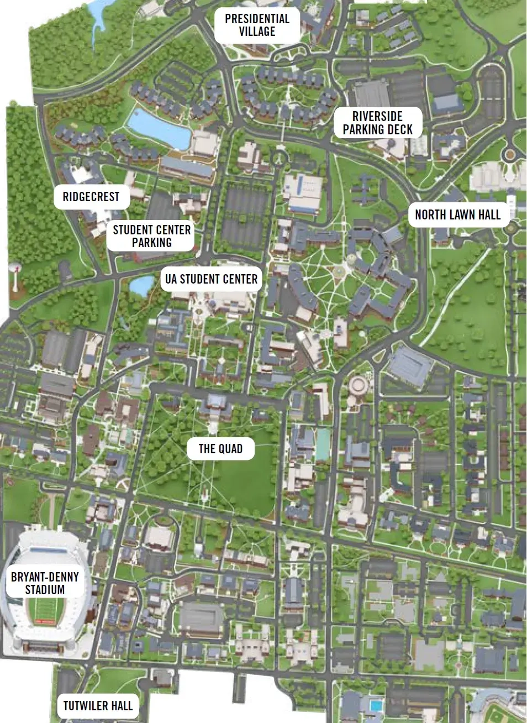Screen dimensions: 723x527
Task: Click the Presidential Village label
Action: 257,25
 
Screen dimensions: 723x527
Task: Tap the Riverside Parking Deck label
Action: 377,123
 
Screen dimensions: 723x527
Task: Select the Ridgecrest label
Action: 91,197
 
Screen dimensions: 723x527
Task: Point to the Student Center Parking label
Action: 151,236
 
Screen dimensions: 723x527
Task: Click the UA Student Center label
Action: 211,279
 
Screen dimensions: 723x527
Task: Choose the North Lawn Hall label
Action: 457,215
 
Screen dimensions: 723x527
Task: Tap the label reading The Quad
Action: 220,448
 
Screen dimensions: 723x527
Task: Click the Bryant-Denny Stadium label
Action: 45,583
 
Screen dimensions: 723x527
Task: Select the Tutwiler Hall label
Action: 98,706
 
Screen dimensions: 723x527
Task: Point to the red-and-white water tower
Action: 15,271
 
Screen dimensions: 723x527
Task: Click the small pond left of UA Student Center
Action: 141,286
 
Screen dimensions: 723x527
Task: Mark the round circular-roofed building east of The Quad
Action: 361,385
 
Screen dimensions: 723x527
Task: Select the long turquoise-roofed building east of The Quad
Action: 323,446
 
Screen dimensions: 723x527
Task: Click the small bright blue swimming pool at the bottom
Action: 376,706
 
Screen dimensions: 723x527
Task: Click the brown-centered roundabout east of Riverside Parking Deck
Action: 509,155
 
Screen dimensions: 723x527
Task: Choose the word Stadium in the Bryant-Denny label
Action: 45,590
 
